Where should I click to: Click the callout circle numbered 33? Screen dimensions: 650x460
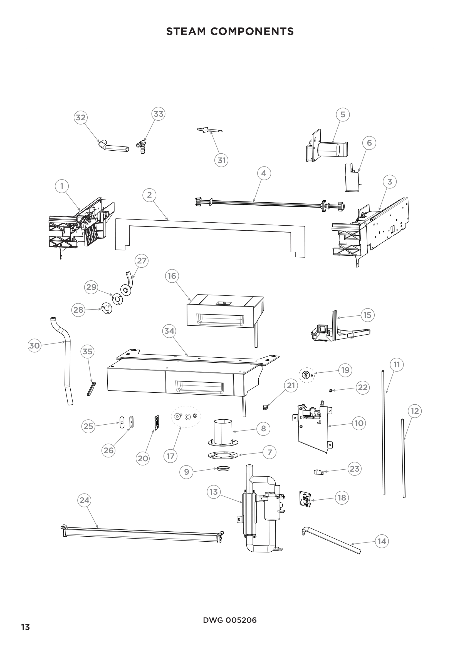(159, 114)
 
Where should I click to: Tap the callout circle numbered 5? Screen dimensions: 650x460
(343, 114)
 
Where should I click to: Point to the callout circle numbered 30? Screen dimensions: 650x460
(34, 346)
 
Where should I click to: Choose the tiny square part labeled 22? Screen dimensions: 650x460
(331, 391)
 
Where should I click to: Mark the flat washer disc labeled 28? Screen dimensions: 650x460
(107, 308)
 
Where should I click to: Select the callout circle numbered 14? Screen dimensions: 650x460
(382, 542)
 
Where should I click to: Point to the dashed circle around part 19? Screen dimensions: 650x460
(306, 375)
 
